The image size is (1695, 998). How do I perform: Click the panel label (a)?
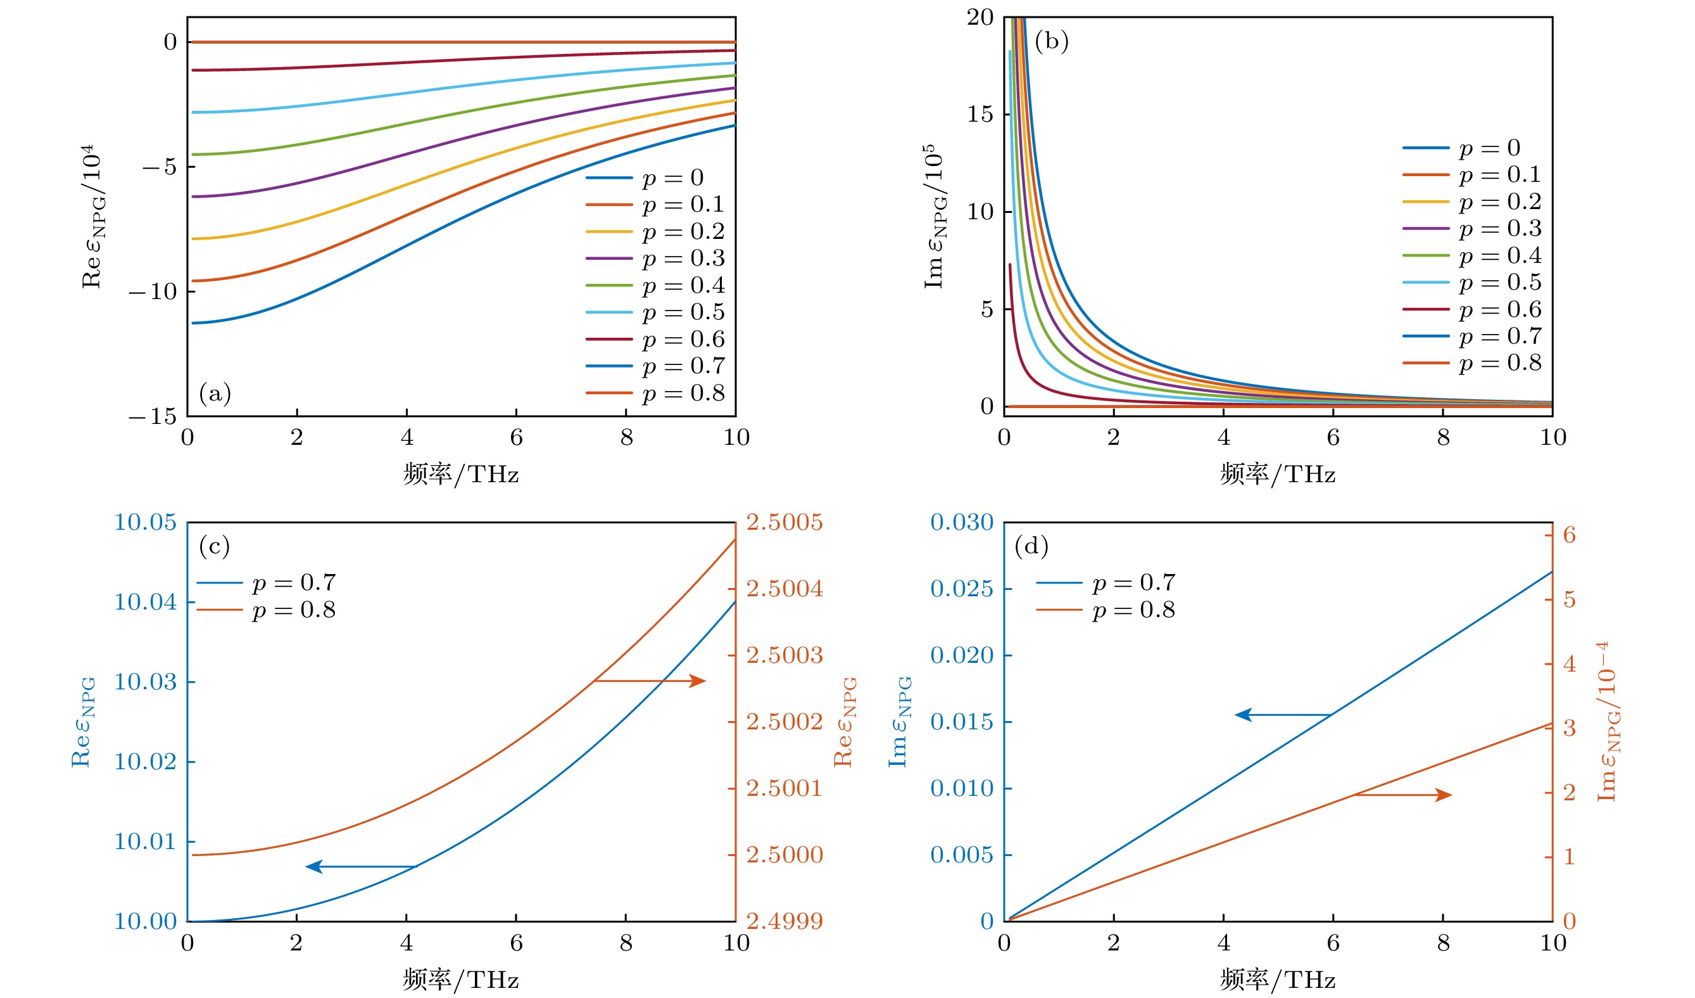point(215,393)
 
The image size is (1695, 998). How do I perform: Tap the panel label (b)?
point(1051,41)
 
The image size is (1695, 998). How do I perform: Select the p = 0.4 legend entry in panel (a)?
point(655,285)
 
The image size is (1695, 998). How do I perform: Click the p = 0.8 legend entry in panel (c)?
point(267,610)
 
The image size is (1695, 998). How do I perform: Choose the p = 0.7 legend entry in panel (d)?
point(1106,583)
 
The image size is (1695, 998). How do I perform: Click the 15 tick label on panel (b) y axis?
point(980,115)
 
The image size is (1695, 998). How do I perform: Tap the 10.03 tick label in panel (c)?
point(144,682)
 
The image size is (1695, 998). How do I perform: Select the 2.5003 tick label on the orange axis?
point(784,655)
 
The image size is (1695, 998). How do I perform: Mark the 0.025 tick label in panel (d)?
point(961,589)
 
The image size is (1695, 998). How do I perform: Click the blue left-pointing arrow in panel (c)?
point(360,867)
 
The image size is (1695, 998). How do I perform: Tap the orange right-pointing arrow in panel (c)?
point(650,681)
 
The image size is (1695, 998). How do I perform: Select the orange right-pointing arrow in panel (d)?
point(1403,795)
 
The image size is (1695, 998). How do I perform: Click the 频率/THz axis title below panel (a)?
point(461,475)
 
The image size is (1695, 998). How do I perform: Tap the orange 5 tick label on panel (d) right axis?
point(1569,599)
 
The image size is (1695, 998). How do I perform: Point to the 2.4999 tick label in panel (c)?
point(784,921)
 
